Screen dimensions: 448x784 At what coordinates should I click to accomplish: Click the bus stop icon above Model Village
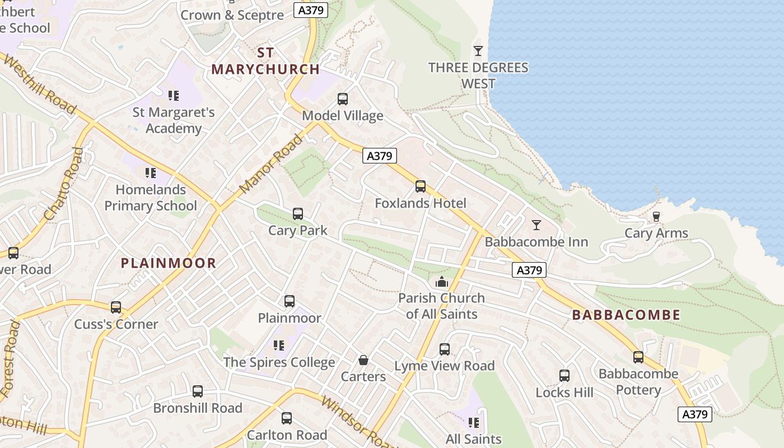(343, 99)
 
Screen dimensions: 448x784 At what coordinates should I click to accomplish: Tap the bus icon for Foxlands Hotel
(421, 186)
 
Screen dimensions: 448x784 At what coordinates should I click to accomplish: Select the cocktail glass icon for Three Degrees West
(478, 51)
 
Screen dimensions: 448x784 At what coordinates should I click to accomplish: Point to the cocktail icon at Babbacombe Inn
(536, 225)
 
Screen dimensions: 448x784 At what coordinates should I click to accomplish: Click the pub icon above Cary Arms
(656, 217)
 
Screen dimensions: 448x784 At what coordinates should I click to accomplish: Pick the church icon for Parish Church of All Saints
(442, 282)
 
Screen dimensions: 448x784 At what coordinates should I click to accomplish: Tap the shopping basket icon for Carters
(363, 360)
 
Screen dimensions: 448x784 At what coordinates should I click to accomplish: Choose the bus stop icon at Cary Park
(298, 214)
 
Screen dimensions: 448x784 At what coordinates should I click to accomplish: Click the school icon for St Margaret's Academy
(174, 96)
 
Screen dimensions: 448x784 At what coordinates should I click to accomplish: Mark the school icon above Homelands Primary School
(150, 172)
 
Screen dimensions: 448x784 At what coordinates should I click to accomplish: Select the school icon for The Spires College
(279, 346)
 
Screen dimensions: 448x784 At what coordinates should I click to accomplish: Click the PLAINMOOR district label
(169, 263)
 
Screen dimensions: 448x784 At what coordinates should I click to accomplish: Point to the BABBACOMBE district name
(626, 315)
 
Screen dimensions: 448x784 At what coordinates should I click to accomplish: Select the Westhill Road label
(39, 84)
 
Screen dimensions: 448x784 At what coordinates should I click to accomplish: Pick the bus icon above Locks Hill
(564, 376)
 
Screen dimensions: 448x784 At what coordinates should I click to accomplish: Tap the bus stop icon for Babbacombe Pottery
(638, 357)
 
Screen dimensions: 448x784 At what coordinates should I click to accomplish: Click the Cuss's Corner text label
(116, 324)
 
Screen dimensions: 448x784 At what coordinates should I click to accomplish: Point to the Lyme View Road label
(445, 366)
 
